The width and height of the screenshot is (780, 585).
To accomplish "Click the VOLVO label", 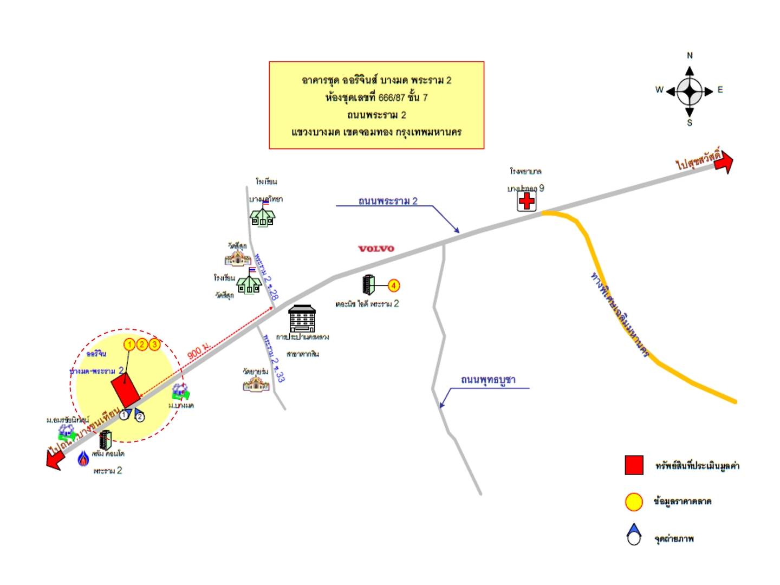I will [376, 249].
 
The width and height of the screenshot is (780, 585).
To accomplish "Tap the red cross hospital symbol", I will [526, 201].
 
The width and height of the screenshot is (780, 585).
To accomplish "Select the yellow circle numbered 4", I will [394, 285].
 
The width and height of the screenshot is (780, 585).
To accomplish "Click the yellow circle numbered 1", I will [129, 344].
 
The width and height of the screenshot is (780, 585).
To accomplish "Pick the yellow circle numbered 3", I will [154, 344].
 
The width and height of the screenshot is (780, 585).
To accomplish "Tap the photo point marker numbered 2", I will [139, 415].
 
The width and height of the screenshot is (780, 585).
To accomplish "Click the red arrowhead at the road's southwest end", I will [54, 460].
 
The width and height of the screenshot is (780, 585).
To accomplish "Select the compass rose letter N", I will [690, 55].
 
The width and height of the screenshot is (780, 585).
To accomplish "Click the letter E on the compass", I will [720, 90].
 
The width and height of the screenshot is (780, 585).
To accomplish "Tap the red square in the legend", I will [634, 465].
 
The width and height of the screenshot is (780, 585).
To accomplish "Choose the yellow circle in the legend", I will [634, 502].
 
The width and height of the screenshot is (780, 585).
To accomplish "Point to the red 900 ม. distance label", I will [198, 351].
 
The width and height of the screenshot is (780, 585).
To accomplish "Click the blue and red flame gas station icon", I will [83, 459].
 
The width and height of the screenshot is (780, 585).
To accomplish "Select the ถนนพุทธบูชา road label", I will [488, 380].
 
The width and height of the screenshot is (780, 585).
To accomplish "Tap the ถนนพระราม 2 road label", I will [388, 201].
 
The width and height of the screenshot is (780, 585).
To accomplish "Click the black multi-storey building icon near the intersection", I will [302, 318].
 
